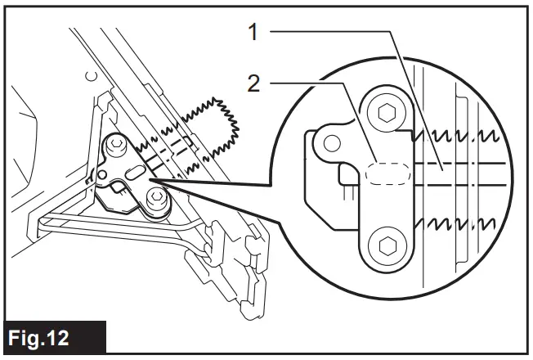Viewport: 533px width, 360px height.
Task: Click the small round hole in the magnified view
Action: [331, 144]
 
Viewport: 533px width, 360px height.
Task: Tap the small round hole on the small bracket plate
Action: [103, 173]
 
